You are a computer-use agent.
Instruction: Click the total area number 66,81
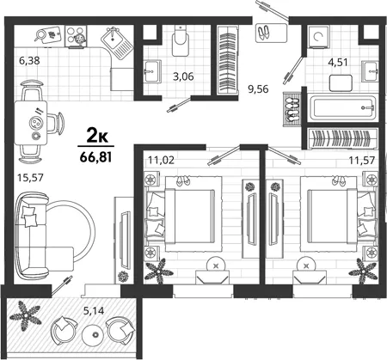coord(95,157)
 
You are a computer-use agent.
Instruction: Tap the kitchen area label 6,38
coord(29,61)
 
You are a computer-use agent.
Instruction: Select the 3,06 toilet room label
coord(183,76)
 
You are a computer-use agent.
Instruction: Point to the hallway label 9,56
coord(258,89)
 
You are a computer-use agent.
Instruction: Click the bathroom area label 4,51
coord(338,62)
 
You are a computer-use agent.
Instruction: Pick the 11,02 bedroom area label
coord(161,160)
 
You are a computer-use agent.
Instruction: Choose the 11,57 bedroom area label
coord(362,160)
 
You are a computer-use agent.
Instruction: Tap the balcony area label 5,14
coord(94,310)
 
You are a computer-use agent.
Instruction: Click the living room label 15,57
coord(30,178)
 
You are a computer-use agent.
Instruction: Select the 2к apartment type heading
coord(97,137)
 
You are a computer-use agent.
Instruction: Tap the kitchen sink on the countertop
coord(117,43)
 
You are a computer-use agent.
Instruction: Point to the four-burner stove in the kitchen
coord(76,35)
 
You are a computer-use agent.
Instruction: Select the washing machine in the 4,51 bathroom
coord(318,36)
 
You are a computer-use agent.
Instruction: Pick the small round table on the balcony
coord(95,334)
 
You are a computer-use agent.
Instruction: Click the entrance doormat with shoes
coord(271,34)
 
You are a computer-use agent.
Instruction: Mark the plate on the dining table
coord(36,123)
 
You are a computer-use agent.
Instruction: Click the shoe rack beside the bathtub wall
coord(292,109)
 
